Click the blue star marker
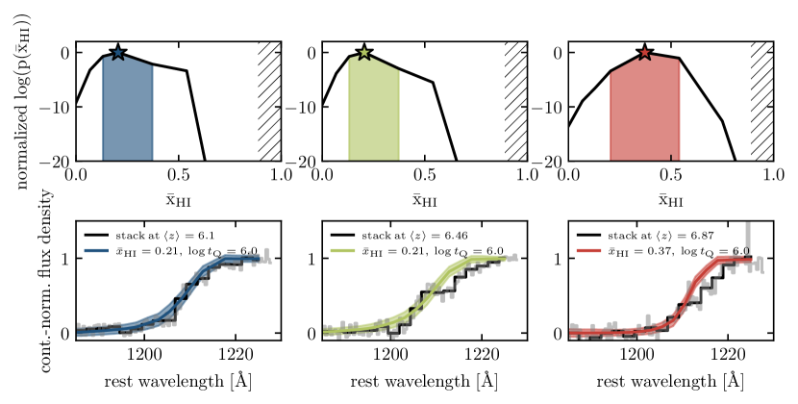point(117,52)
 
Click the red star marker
point(644,52)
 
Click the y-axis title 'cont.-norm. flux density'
point(21,281)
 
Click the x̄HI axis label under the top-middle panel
point(424,201)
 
